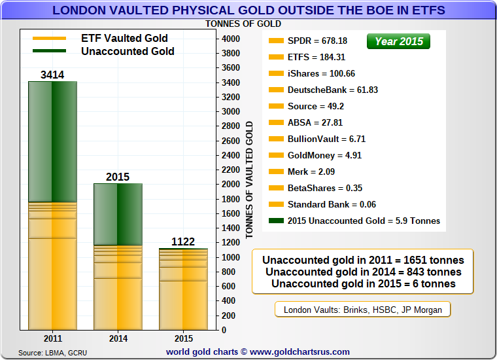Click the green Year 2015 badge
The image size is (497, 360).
(x=399, y=41)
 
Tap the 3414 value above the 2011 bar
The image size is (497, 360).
(x=52, y=75)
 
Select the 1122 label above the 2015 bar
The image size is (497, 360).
(x=183, y=242)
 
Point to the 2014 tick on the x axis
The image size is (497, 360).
(x=118, y=338)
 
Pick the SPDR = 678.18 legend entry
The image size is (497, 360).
(x=317, y=41)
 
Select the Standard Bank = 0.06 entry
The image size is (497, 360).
(x=332, y=204)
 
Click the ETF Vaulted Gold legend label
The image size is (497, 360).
(x=124, y=38)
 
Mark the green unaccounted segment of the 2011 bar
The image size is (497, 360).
(x=52, y=141)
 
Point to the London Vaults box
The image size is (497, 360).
(x=362, y=310)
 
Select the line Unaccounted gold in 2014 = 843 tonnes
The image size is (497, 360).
(x=363, y=272)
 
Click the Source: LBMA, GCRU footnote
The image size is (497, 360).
(x=52, y=353)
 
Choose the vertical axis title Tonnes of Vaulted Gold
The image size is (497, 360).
(x=249, y=180)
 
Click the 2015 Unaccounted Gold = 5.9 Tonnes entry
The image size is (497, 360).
(x=364, y=221)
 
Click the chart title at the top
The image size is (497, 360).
(x=248, y=10)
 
